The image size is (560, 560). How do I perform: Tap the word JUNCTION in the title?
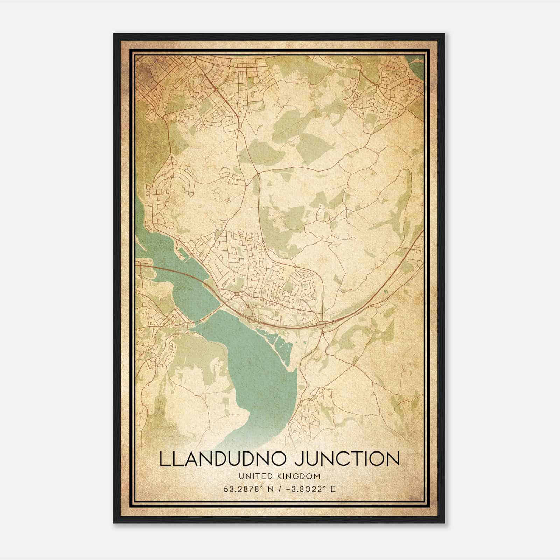[347, 459]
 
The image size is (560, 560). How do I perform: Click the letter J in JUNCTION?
[300, 459]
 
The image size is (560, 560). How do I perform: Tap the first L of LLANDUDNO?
[164, 459]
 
